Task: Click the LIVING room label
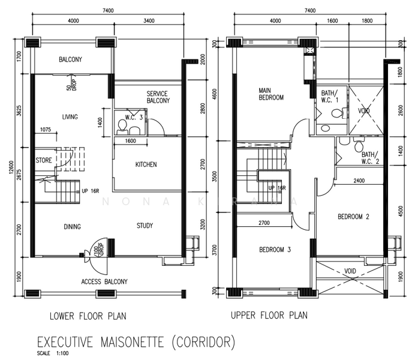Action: pos(71,117)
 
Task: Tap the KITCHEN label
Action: pos(146,164)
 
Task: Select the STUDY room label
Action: pos(145,226)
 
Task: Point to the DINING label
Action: pos(73,227)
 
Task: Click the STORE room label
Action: pos(44,160)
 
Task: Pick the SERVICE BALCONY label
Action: pos(157,97)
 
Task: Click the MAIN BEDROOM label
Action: pos(271,94)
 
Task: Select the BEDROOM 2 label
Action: pos(353,217)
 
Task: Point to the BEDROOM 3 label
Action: pos(275,250)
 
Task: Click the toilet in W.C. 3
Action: pos(122,125)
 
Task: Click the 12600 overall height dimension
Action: pos(11,167)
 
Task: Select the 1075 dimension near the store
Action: pos(44,129)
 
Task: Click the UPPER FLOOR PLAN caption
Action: pos(269,315)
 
